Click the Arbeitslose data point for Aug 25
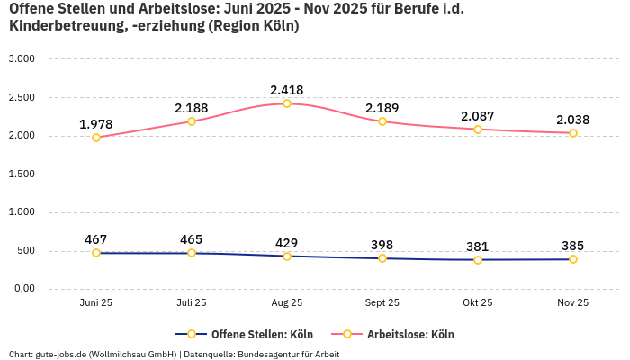(287, 103)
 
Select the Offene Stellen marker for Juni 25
(96, 253)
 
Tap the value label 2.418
(287, 90)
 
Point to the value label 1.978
(96, 124)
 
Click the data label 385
(573, 245)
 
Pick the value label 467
(96, 239)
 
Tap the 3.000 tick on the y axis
(21, 59)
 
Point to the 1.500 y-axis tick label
(21, 175)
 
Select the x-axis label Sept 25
(382, 303)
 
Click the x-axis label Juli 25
(192, 303)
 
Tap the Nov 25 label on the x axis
(573, 303)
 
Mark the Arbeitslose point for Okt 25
(478, 130)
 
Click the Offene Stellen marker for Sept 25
(382, 258)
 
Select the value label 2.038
(573, 120)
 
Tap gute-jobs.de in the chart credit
(60, 354)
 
